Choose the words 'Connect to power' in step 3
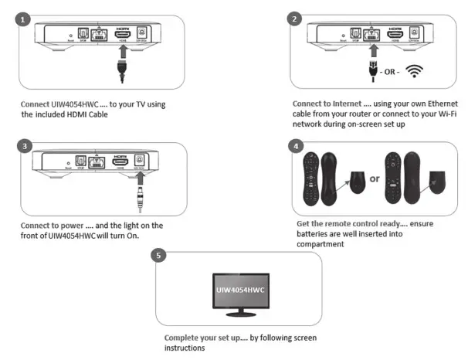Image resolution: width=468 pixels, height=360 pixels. (56, 226)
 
